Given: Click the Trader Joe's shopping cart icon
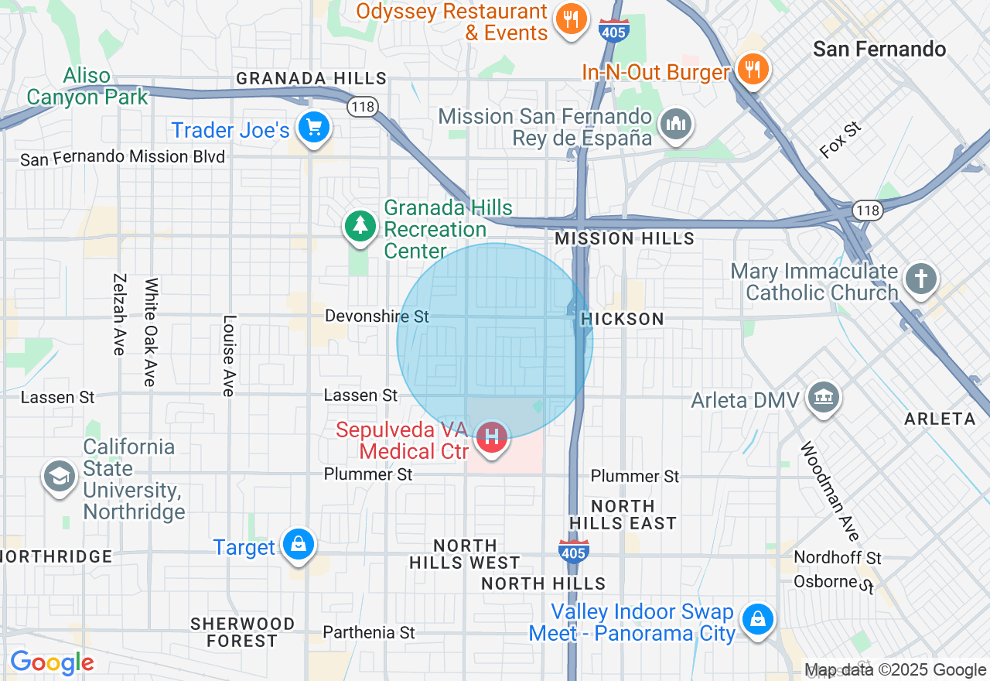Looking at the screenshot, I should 314,128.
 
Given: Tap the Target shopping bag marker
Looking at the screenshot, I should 298,546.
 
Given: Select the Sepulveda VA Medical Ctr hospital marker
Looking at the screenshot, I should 491,436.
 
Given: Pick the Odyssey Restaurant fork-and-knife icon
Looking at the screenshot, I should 572,19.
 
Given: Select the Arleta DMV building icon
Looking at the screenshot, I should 824,398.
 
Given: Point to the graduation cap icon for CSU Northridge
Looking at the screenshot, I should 60,476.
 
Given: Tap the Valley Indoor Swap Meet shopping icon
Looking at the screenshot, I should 758,620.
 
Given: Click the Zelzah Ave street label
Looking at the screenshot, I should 119,314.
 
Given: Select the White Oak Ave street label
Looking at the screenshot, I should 150,332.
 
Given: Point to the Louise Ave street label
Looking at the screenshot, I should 228,355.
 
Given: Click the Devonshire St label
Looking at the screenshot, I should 377,317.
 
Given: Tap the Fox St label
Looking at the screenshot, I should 841,140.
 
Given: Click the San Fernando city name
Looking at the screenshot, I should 879,50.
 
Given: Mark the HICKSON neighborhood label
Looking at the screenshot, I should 622,319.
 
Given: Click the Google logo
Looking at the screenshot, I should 52,662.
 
